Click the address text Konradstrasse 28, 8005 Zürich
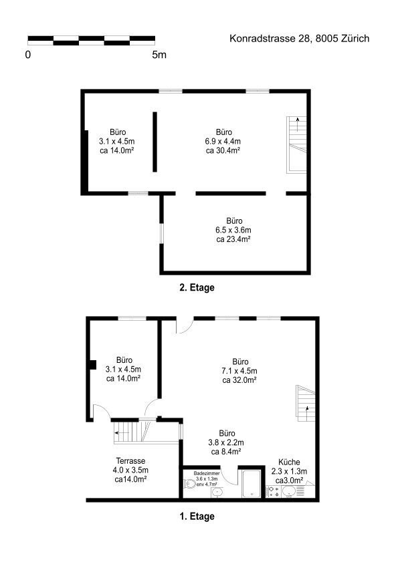299,39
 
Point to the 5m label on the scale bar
159,55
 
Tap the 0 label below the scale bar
28,55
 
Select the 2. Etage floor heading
197,287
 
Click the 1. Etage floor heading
197,517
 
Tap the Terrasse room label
130,461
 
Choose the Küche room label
289,462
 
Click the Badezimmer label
207,474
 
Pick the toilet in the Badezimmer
189,484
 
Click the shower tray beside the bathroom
252,484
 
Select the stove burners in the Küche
274,491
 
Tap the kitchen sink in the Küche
289,491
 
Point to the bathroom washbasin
217,493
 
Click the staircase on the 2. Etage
297,145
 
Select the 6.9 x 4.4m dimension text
223,141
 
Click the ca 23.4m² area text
233,239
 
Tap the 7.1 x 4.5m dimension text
239,371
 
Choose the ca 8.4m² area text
225,452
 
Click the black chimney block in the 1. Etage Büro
93,364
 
